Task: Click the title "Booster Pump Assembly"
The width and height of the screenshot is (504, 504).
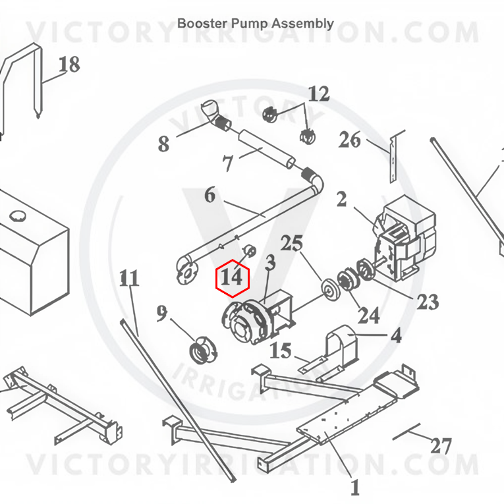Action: point(256,24)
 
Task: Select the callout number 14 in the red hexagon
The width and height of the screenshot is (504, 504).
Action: point(232,277)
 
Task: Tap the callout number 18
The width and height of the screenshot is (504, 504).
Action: point(69,64)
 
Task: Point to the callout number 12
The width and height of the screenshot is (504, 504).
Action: point(319,94)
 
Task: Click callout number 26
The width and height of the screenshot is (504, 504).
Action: point(349,140)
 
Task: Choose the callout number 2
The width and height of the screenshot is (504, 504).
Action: point(342,199)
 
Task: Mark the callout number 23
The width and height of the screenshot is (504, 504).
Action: point(428,302)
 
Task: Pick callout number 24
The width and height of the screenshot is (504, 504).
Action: point(369,315)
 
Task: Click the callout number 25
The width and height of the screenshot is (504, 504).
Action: point(292,243)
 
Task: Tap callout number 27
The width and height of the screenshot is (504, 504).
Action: point(441,446)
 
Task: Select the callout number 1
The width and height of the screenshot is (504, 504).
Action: point(354,488)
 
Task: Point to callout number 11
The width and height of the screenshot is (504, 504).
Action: point(129,278)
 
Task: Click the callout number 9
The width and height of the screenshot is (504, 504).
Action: point(162,313)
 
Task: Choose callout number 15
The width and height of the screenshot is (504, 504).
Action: point(281,350)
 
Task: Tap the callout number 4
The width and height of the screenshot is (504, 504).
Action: point(397,335)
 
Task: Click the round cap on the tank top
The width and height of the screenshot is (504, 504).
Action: point(16,215)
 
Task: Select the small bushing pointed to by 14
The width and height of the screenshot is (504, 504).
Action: point(250,250)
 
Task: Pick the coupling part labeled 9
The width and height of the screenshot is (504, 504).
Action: point(203,350)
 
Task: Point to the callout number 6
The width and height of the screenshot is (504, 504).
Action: point(210,195)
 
